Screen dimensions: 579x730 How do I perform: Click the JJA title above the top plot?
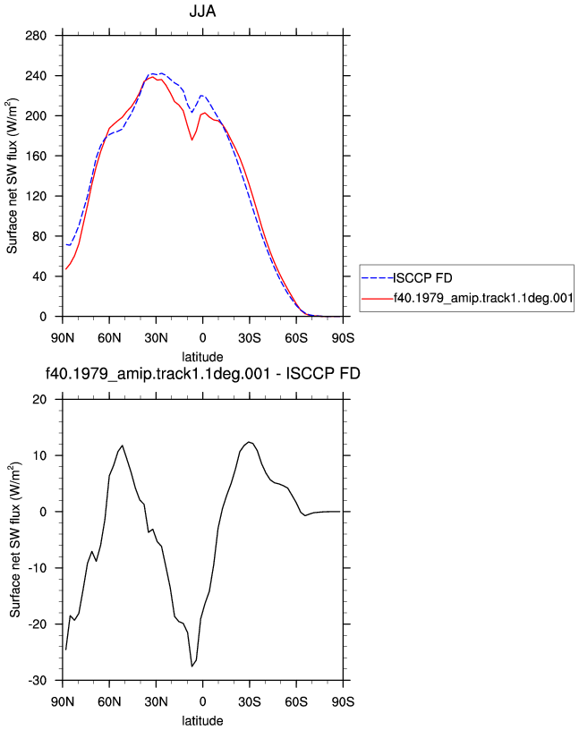click(x=202, y=11)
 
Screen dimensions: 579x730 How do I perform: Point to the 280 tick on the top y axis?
click(x=36, y=36)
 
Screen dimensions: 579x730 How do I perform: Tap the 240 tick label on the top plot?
click(x=36, y=75)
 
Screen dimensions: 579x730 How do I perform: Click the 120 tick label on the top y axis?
click(x=36, y=196)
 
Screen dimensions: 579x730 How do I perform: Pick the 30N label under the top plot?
click(x=156, y=338)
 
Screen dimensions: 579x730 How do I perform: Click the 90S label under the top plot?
click(x=343, y=338)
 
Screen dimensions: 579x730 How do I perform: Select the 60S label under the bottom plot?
click(x=296, y=701)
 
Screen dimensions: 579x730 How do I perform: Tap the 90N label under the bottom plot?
click(x=63, y=701)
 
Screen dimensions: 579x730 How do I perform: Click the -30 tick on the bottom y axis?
click(x=38, y=681)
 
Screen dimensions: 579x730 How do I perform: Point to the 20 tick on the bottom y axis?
click(x=40, y=400)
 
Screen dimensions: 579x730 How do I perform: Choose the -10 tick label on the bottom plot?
click(x=38, y=568)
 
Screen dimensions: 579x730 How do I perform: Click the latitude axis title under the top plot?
click(x=202, y=357)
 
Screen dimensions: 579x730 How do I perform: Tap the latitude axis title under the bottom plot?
click(x=202, y=721)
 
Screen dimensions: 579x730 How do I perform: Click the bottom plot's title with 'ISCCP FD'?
click(x=202, y=373)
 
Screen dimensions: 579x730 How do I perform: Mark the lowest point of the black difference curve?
click(x=192, y=666)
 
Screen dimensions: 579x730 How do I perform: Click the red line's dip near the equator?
click(x=192, y=140)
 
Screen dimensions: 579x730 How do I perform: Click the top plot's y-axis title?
click(x=12, y=176)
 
